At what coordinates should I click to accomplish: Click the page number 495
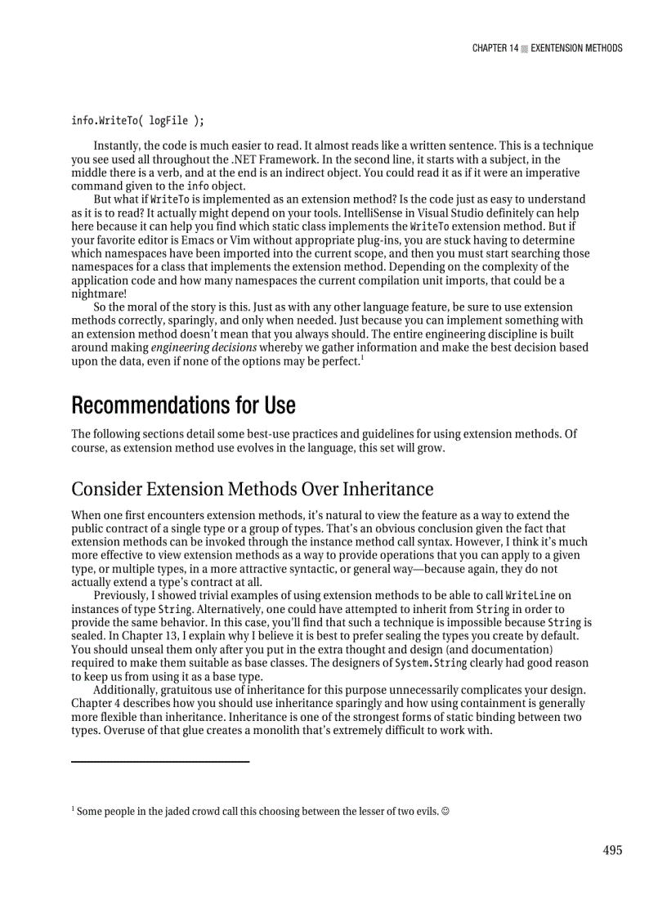point(612,850)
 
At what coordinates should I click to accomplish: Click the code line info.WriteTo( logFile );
point(137,121)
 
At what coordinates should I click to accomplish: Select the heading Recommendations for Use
point(183,405)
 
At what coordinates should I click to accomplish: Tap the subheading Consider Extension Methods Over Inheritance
point(252,489)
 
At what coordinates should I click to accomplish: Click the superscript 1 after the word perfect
point(363,357)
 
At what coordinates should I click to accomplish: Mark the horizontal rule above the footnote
point(160,762)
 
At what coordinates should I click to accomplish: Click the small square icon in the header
point(525,49)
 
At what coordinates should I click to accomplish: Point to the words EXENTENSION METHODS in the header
point(576,48)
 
